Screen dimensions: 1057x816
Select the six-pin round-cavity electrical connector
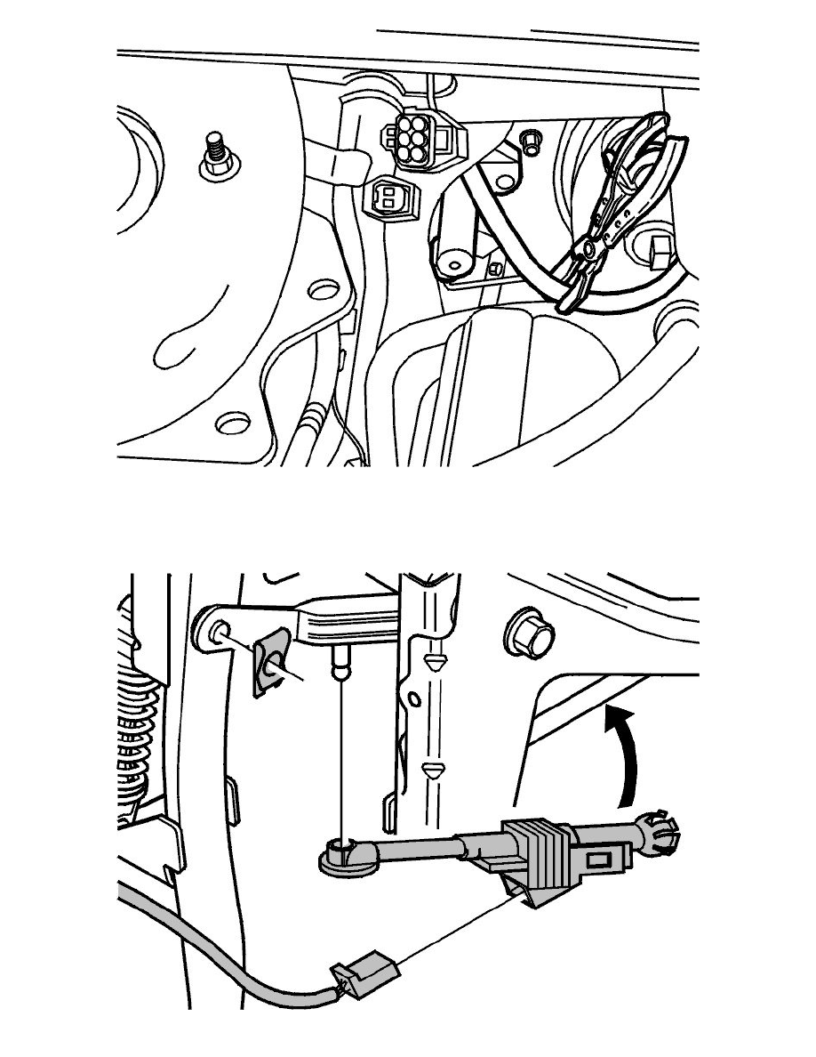click(x=410, y=140)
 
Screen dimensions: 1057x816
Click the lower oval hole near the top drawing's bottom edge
click(x=236, y=420)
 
